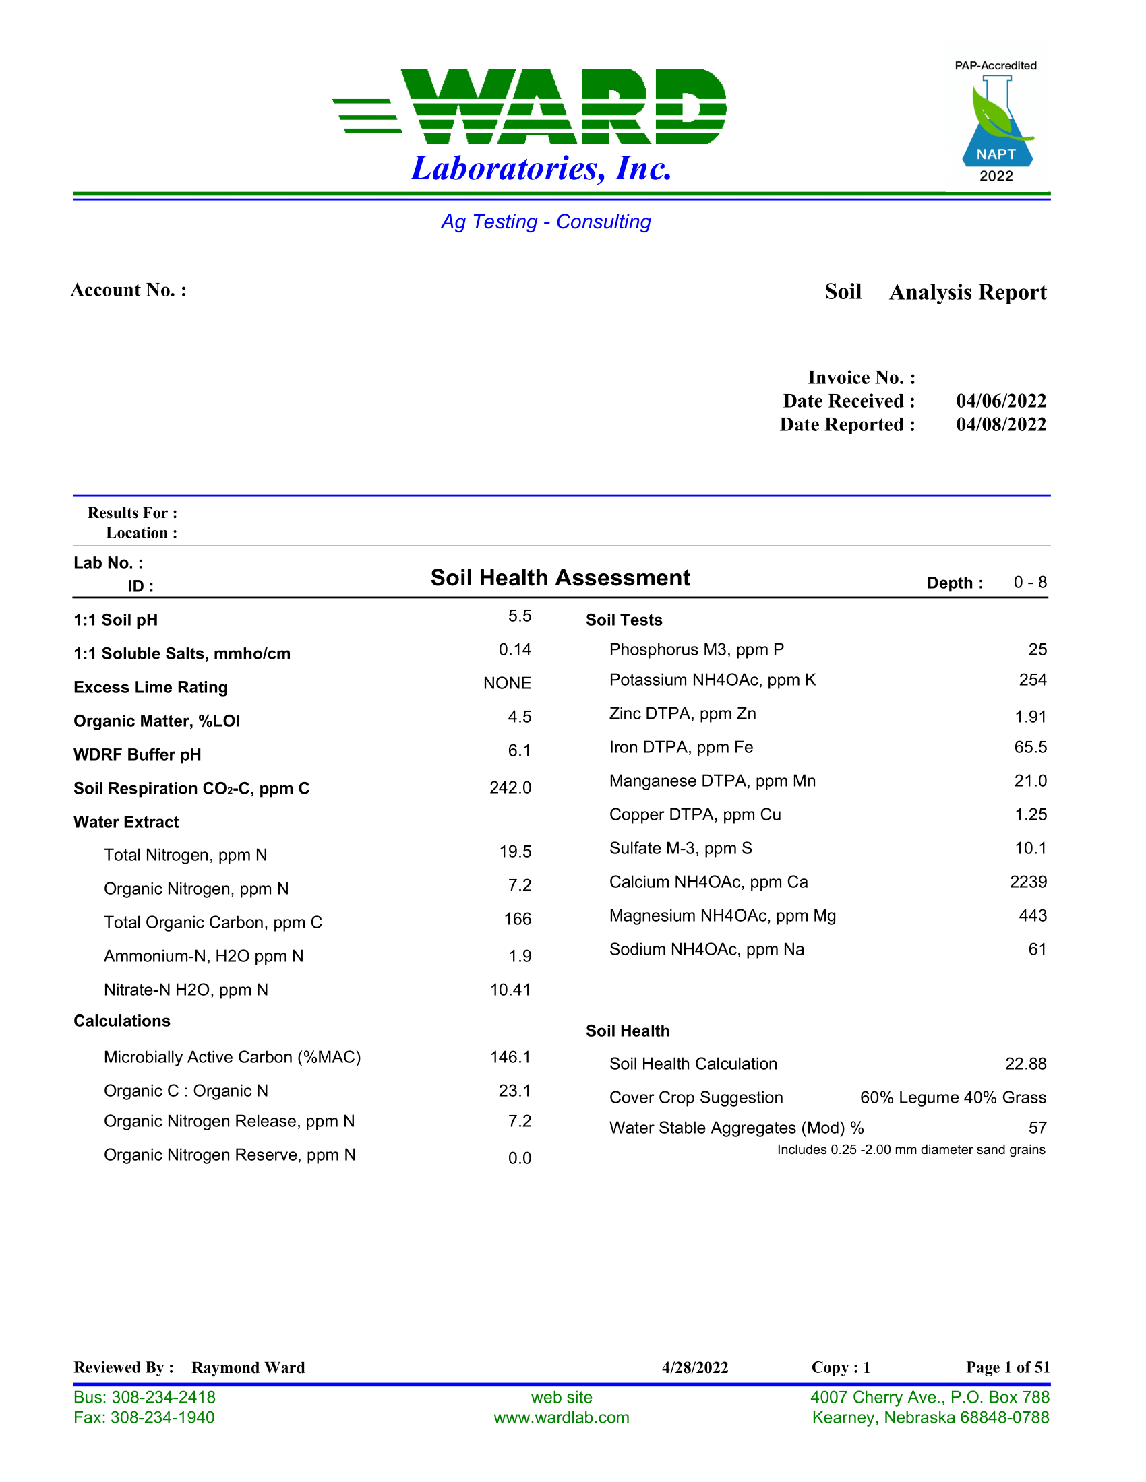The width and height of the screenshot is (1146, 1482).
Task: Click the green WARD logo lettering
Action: (564, 106)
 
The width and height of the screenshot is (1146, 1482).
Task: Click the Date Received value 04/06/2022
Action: (1000, 401)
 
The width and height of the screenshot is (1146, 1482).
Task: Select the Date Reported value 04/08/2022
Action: (1000, 425)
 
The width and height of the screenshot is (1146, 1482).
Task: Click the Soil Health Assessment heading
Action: (560, 577)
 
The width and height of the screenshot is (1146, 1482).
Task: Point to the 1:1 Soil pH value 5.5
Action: (519, 616)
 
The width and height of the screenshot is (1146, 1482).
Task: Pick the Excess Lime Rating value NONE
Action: (506, 683)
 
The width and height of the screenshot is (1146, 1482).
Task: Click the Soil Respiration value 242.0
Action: (510, 788)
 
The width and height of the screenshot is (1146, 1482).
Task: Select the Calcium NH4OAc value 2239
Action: (1028, 882)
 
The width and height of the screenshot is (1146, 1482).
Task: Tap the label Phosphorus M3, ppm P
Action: (696, 650)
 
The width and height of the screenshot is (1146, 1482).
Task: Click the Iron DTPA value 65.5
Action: (1030, 748)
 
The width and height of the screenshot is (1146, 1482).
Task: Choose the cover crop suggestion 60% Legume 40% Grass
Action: (953, 1098)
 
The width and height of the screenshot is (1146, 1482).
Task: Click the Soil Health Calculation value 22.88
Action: (1025, 1064)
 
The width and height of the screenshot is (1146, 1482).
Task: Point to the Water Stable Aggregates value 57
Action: (1037, 1128)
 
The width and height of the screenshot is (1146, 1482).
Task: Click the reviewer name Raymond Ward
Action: (248, 1367)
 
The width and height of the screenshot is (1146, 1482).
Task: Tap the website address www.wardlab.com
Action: (562, 1417)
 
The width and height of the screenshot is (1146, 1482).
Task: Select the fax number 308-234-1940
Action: (162, 1417)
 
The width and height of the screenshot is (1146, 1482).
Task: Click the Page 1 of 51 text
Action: (1008, 1367)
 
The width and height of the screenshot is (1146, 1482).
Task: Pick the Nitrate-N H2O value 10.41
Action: (510, 990)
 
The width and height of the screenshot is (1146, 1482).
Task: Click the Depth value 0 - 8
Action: (1029, 583)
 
